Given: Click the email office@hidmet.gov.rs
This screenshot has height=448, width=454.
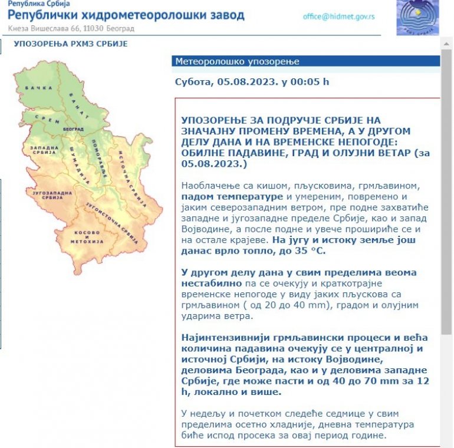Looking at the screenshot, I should pyautogui.click(x=338, y=17).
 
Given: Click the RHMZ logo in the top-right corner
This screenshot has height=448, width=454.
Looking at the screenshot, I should pyautogui.click(x=417, y=17).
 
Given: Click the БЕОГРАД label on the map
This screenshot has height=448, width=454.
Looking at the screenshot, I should pyautogui.click(x=73, y=128).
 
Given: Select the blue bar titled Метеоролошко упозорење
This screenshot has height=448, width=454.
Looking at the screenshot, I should pyautogui.click(x=306, y=62).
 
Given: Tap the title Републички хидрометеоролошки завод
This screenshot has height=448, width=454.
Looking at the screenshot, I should pyautogui.click(x=127, y=15).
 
